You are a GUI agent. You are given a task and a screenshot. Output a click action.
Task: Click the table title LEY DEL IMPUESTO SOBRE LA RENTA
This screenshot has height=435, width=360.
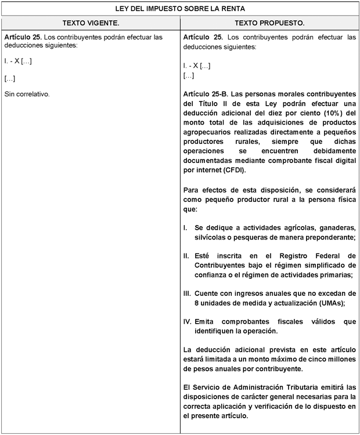[180, 9]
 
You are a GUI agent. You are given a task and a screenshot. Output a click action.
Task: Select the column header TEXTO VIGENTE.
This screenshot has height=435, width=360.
[91, 23]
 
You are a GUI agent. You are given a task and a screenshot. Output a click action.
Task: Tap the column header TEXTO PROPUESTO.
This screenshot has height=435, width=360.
[269, 23]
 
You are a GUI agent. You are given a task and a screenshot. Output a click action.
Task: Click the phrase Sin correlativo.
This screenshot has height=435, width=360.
[27, 93]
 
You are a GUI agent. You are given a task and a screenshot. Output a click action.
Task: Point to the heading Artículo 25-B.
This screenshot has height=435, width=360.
[206, 93]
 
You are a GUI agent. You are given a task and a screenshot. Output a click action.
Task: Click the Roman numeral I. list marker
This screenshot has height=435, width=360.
[185, 227]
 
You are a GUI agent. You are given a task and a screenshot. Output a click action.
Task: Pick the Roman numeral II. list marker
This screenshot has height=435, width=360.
[186, 256]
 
